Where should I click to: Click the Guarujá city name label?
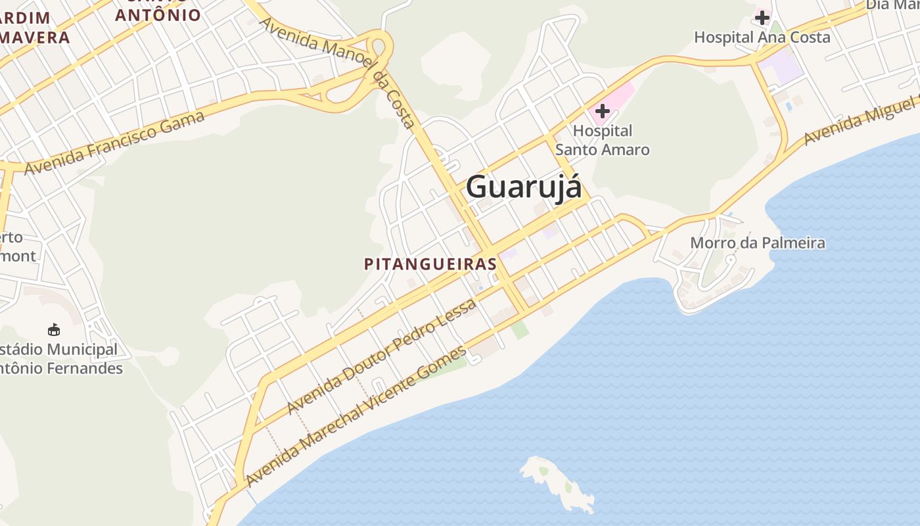524,187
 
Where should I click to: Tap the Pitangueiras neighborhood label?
430,264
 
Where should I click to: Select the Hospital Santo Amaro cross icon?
602,111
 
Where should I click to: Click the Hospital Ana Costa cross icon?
762,17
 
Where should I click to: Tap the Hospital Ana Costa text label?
762,37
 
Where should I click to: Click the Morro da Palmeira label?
757,243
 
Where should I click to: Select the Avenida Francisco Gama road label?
114,143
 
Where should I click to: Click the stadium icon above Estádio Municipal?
54,329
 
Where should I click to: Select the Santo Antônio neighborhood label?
158,13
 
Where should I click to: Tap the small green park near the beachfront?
520,330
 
